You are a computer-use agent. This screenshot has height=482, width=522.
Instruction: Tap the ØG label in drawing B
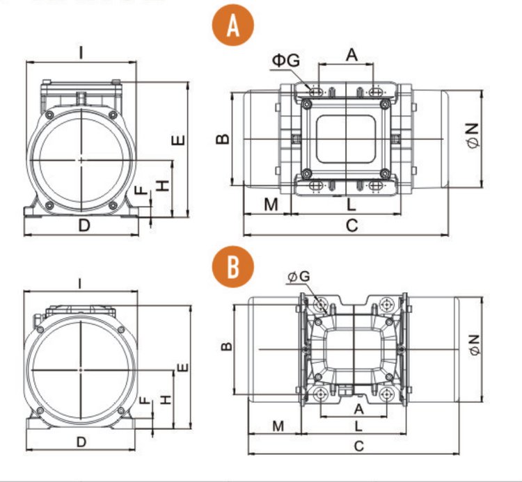click(x=299, y=277)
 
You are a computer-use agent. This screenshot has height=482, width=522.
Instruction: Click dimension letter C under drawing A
click(x=351, y=225)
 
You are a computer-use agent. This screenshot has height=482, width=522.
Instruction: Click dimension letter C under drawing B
click(x=358, y=447)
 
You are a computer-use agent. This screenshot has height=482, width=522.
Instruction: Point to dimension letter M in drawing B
click(x=278, y=425)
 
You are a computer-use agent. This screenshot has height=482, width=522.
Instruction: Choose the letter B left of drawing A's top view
click(x=222, y=138)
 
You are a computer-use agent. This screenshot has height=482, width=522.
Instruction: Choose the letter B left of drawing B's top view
click(x=226, y=346)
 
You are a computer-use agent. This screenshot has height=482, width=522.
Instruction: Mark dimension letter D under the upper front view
click(x=84, y=225)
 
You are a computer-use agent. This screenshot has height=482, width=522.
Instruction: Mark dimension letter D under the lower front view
click(x=81, y=442)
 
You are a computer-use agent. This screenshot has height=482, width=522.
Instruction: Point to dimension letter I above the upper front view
click(x=81, y=51)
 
